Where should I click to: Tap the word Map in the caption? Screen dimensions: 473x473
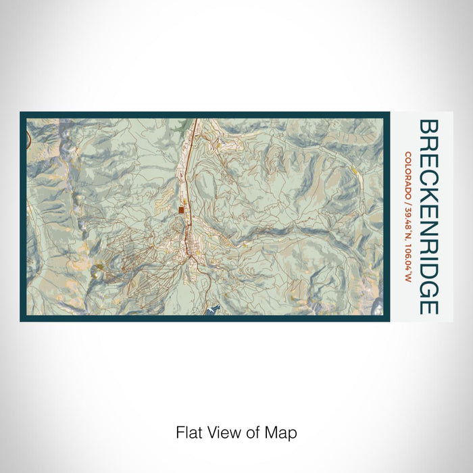coord(284,432)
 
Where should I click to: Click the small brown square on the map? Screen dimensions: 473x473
coord(182,210)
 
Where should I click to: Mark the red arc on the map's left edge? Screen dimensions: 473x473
coord(29,140)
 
